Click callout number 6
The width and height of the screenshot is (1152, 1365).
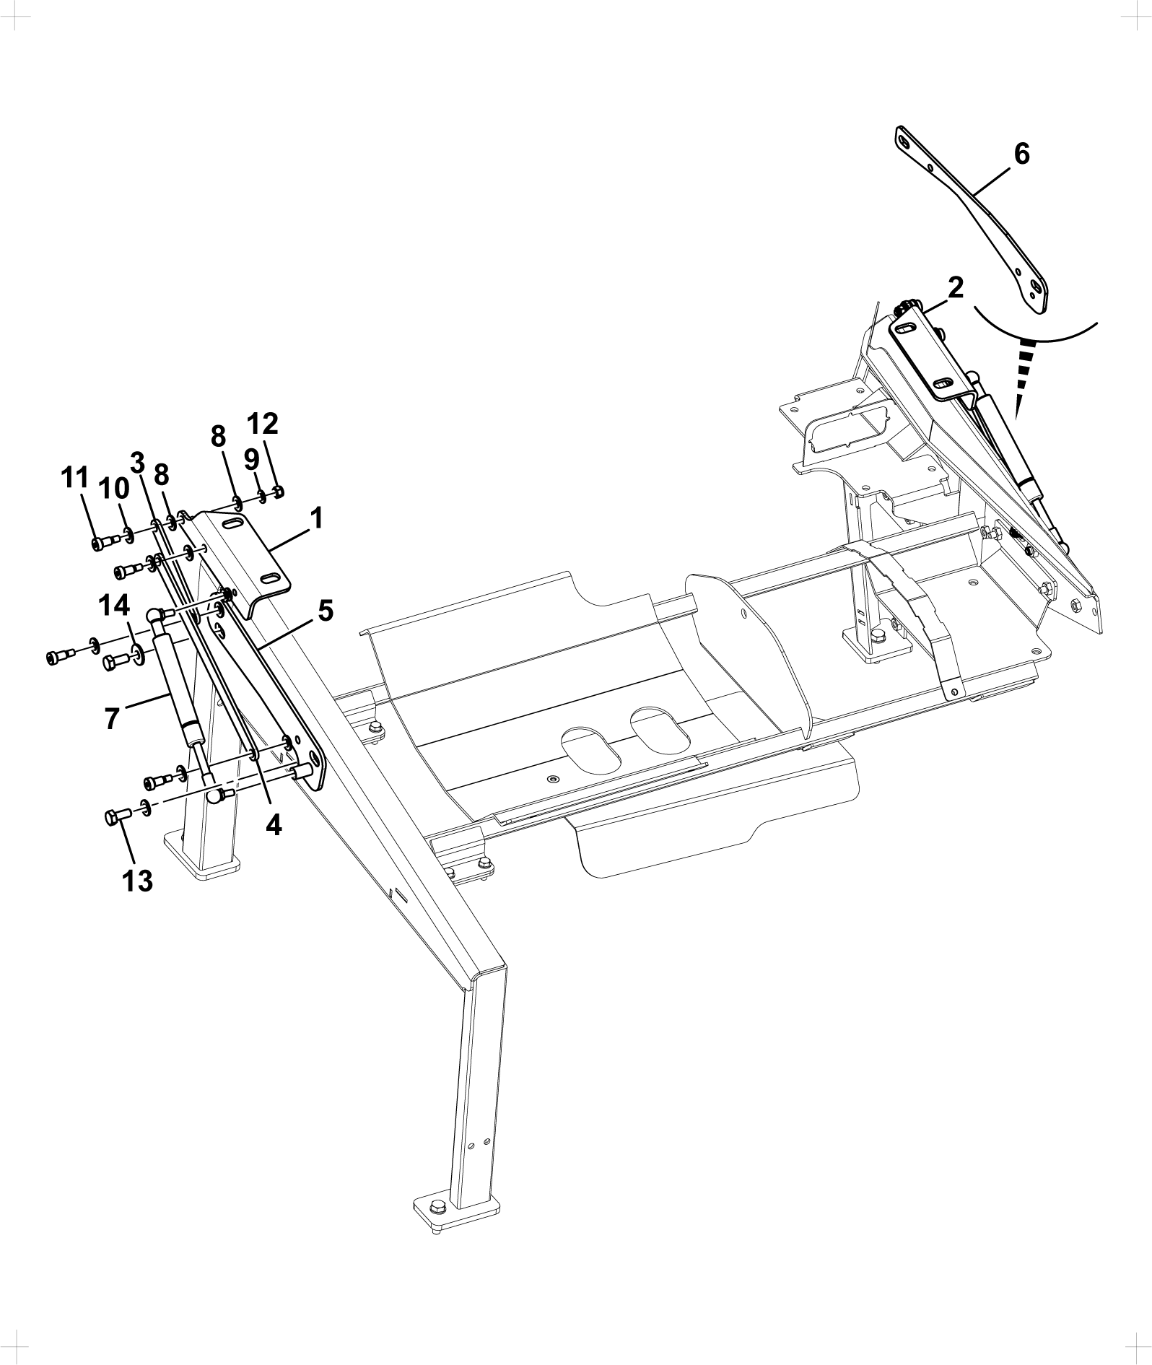pos(1021,154)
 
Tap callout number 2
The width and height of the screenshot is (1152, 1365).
pos(955,287)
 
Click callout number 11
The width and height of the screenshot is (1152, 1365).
pos(75,477)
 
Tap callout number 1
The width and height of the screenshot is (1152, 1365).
pos(315,518)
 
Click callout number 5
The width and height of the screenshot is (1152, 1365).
pos(325,611)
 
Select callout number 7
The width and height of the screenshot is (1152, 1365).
pos(111,719)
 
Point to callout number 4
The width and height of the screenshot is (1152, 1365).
pos(273,824)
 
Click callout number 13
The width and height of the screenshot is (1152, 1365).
pos(138,881)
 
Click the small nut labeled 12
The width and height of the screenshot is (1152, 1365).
pos(279,492)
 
